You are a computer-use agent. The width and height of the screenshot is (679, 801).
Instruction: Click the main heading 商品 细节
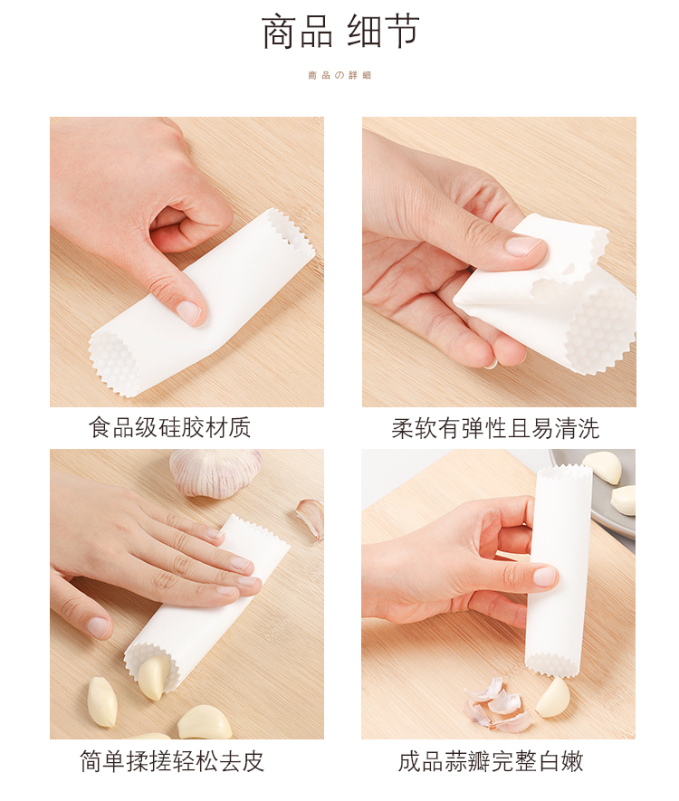click(340, 32)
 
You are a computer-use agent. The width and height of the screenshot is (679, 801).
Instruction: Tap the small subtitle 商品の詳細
click(339, 76)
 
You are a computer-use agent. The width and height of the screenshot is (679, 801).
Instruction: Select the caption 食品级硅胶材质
click(169, 427)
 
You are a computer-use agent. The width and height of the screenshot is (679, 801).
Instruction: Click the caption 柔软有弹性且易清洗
click(495, 428)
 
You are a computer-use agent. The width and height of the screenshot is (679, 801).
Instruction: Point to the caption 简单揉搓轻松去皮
click(172, 761)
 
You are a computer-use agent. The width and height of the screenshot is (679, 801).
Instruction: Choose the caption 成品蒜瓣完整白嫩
click(491, 761)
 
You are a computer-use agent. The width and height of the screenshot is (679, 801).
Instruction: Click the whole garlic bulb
click(215, 471)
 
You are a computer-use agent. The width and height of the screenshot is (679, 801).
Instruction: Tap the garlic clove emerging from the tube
click(154, 678)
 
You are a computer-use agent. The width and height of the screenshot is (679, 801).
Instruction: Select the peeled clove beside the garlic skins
click(552, 697)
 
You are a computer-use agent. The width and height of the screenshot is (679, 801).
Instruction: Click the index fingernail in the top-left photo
click(187, 311)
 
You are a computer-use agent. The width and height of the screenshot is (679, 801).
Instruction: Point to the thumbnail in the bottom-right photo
click(545, 577)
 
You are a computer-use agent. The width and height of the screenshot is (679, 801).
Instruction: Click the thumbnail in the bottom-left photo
click(99, 627)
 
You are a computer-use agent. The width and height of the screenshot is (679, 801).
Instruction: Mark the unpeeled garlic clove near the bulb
click(311, 519)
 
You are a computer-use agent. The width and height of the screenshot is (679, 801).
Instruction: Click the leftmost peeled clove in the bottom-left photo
click(101, 701)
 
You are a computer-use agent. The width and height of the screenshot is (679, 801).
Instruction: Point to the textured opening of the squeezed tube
click(601, 329)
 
